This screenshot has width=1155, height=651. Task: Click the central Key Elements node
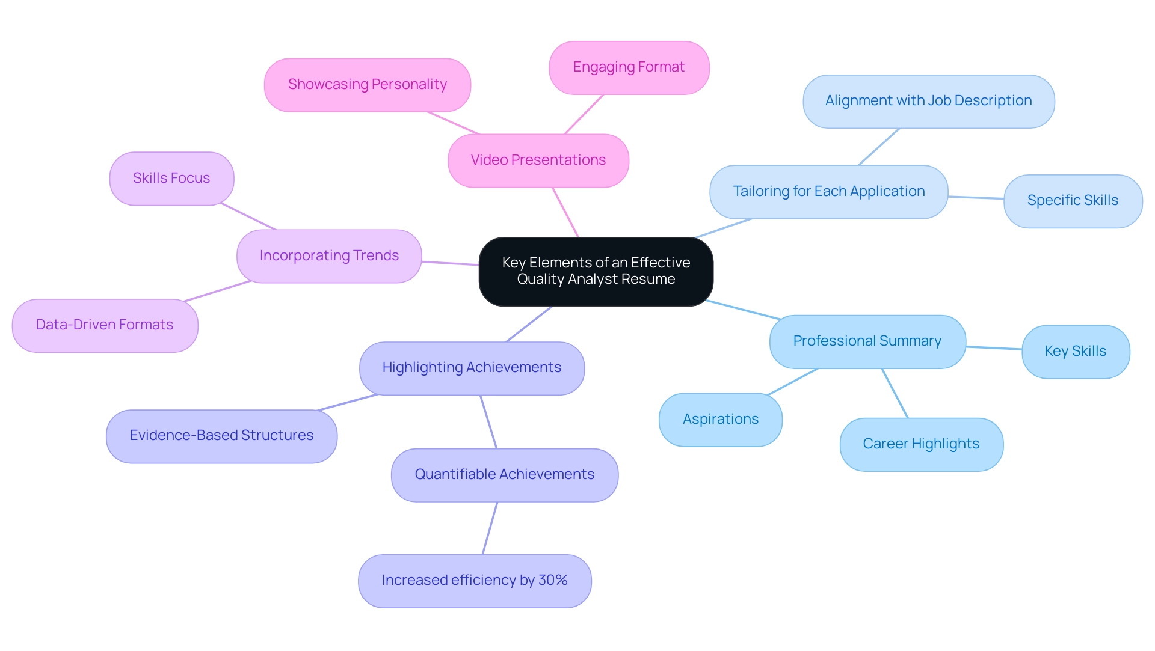click(x=596, y=271)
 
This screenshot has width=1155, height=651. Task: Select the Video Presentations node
click(x=538, y=160)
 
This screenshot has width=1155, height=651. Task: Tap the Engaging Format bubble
click(x=629, y=67)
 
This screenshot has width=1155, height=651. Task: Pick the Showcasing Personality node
click(x=367, y=85)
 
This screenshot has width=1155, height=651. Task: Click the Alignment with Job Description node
click(x=928, y=101)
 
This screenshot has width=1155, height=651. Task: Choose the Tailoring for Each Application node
click(x=828, y=192)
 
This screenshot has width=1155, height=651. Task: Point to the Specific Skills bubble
click(x=1073, y=201)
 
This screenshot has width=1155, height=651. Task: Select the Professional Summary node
click(x=867, y=341)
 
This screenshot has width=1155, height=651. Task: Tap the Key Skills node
click(x=1075, y=352)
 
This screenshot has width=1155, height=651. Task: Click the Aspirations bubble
click(x=720, y=420)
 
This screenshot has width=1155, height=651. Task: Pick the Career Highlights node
click(x=921, y=444)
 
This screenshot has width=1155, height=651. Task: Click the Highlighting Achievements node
click(x=472, y=368)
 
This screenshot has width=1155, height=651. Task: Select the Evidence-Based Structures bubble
click(x=221, y=436)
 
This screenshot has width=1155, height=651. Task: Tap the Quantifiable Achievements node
click(x=504, y=475)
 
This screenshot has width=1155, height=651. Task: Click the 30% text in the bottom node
click(x=553, y=581)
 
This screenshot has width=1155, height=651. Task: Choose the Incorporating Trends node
click(x=329, y=256)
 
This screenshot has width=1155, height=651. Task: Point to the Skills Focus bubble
click(x=171, y=179)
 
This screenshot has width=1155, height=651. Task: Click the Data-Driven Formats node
click(x=105, y=325)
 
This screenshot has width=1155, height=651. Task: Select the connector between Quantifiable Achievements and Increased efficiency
click(x=490, y=528)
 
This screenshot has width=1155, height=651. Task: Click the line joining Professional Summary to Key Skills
click(x=994, y=347)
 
